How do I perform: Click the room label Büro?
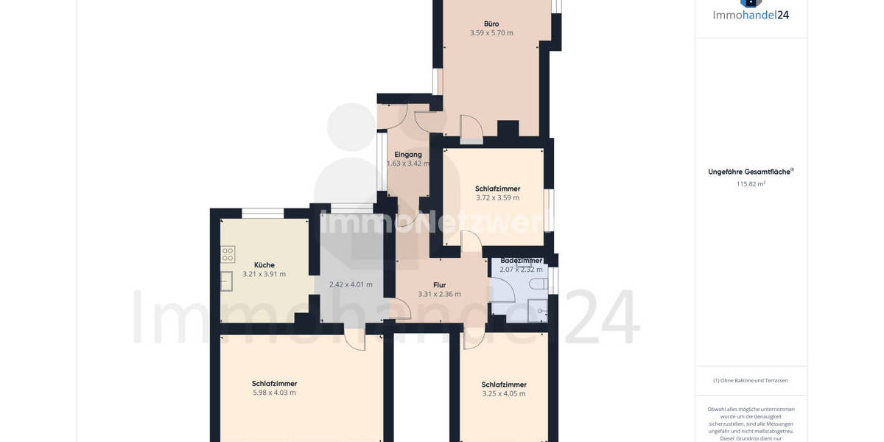pyautogui.click(x=491, y=24)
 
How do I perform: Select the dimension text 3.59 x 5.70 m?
pyautogui.click(x=491, y=33)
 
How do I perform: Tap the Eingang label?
pyautogui.click(x=408, y=155)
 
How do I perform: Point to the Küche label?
pyautogui.click(x=264, y=265)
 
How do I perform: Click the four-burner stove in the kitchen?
pyautogui.click(x=228, y=255)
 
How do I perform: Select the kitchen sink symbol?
pyautogui.click(x=227, y=281)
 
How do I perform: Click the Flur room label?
pyautogui.click(x=440, y=285)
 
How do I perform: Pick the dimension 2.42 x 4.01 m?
pyautogui.click(x=351, y=284)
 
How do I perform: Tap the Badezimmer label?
pyautogui.click(x=521, y=261)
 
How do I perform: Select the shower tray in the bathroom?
pyautogui.click(x=539, y=311)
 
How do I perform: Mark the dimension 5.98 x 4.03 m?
pyautogui.click(x=274, y=393)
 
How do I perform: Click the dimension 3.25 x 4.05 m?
pyautogui.click(x=504, y=393)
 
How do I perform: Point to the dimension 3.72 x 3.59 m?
pyautogui.click(x=497, y=197)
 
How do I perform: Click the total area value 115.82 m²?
pyautogui.click(x=751, y=184)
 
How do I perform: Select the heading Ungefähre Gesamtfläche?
pyautogui.click(x=750, y=172)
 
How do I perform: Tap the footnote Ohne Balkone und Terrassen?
pyautogui.click(x=750, y=381)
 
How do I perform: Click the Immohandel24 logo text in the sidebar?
pyautogui.click(x=751, y=15)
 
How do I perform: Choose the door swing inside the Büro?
pyautogui.click(x=471, y=130)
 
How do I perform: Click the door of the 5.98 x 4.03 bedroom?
pyautogui.click(x=355, y=340)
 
